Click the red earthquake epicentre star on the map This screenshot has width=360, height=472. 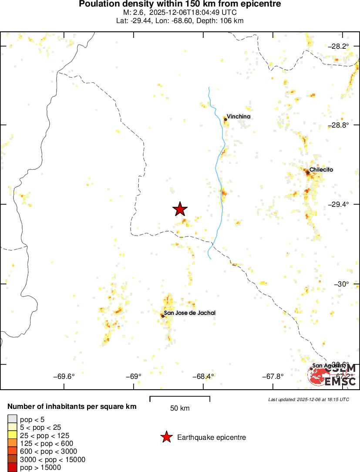(x=180, y=209)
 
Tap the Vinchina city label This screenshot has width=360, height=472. (x=239, y=117)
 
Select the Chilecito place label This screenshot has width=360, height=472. (x=321, y=170)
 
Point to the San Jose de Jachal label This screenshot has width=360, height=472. (x=190, y=313)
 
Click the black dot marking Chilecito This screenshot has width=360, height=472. (x=308, y=172)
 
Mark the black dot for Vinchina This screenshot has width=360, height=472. (x=225, y=119)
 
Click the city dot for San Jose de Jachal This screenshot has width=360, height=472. (x=162, y=316)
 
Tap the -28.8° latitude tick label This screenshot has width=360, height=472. (x=339, y=125)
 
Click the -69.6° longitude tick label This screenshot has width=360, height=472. (x=64, y=377)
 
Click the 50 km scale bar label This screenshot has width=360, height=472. (x=180, y=408)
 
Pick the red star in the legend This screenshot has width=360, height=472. (x=166, y=437)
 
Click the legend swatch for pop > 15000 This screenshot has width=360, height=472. (x=12, y=468)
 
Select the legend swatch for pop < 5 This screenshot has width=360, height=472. (x=12, y=419)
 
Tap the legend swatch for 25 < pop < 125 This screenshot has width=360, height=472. (x=12, y=435)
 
